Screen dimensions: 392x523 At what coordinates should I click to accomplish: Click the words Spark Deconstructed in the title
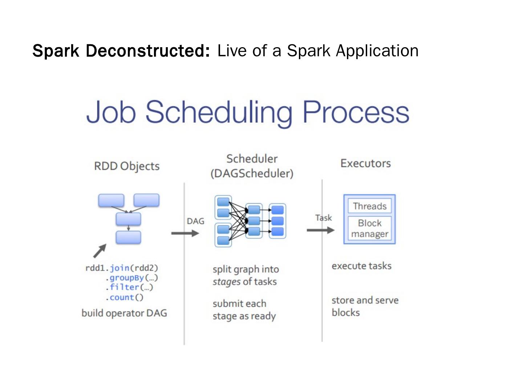click(121, 51)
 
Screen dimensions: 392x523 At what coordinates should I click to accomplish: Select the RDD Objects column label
click(127, 166)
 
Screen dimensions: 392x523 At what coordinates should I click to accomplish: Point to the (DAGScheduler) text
click(252, 173)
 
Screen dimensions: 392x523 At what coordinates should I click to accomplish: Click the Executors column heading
click(365, 163)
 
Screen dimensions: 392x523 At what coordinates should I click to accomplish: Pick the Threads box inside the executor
click(369, 206)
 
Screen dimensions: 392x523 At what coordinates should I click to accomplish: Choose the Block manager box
click(369, 228)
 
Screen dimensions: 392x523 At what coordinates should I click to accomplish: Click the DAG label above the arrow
click(195, 221)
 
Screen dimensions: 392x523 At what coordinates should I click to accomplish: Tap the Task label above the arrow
click(323, 218)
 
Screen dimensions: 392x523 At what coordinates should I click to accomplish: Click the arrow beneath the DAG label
click(185, 233)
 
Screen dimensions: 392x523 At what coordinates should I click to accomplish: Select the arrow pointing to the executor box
click(320, 230)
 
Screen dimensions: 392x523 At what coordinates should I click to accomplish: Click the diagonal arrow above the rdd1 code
click(100, 250)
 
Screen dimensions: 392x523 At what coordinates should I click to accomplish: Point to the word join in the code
click(119, 268)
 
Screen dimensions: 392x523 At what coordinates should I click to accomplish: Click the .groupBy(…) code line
click(131, 278)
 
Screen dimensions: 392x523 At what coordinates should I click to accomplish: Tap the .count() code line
click(125, 297)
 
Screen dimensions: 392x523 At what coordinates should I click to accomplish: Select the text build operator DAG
click(124, 313)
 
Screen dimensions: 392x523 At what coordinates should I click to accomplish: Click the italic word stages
click(226, 282)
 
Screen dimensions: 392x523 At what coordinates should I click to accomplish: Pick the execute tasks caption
click(361, 266)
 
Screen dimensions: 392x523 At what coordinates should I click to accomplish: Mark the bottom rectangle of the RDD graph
click(128, 237)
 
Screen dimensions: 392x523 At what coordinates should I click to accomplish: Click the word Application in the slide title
click(377, 51)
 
